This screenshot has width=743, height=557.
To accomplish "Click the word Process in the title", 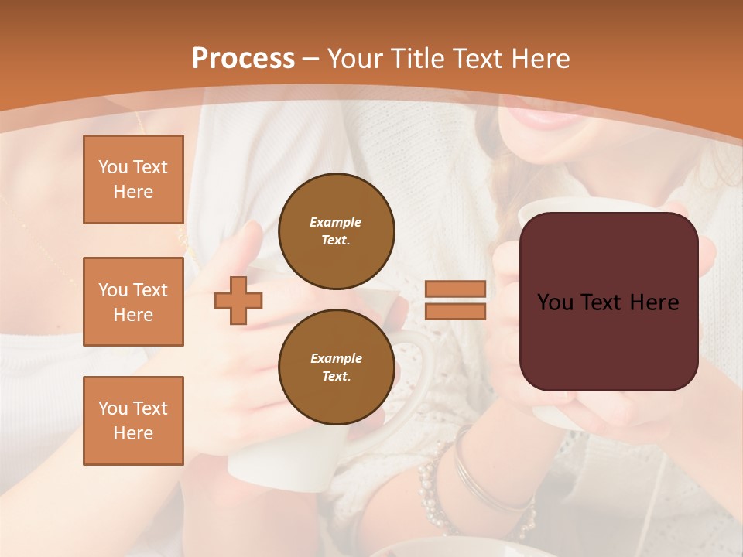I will [243, 59].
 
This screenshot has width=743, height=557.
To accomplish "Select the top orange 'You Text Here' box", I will [133, 179].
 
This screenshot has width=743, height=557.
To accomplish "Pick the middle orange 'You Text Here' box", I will [133, 302].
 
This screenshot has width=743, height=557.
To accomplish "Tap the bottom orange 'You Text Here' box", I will [133, 420].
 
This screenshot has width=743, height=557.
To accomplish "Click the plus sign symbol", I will [238, 300].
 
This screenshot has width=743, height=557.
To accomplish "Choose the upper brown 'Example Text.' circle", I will [336, 231].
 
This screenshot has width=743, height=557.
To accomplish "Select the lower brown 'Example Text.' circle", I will [336, 367].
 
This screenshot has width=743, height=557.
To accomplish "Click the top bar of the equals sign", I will [455, 289].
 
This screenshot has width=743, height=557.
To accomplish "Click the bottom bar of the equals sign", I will [455, 311].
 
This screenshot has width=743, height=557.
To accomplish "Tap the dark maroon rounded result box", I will [608, 340].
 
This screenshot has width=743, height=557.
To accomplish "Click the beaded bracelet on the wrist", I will [430, 487].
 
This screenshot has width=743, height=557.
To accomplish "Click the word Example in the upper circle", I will [336, 222].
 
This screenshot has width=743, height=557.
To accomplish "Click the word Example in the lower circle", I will [336, 358].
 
